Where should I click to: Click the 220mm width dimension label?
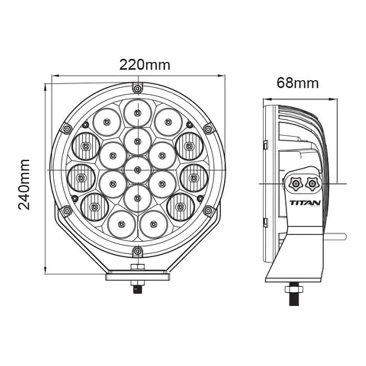145,65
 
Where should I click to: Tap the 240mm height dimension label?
24,184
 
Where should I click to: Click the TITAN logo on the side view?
305,203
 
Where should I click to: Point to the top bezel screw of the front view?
138,88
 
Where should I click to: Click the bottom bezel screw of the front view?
138,252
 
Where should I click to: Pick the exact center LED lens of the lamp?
138,170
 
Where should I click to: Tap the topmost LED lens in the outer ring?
138,113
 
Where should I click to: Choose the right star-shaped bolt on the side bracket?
311,184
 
